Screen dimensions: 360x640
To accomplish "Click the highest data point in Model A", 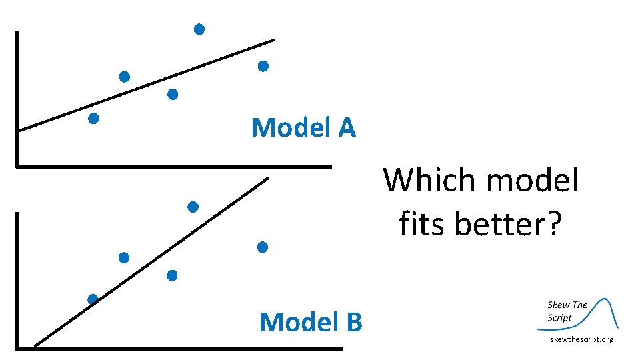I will click(x=199, y=29).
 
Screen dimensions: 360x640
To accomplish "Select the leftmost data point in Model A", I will click(x=93, y=119).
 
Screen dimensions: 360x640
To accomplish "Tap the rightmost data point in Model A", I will click(x=263, y=66).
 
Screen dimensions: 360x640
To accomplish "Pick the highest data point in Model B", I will click(x=193, y=207).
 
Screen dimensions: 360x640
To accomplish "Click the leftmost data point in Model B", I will click(x=93, y=299).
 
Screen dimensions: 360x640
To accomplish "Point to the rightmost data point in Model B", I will click(x=262, y=247).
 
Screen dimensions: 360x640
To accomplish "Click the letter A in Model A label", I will click(x=347, y=127).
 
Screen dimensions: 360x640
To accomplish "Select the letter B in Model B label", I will click(x=353, y=322).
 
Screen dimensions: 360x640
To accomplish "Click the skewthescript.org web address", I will click(x=581, y=340).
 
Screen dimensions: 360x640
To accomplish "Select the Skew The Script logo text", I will click(x=567, y=311).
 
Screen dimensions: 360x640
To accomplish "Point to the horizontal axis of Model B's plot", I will click(x=180, y=347).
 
